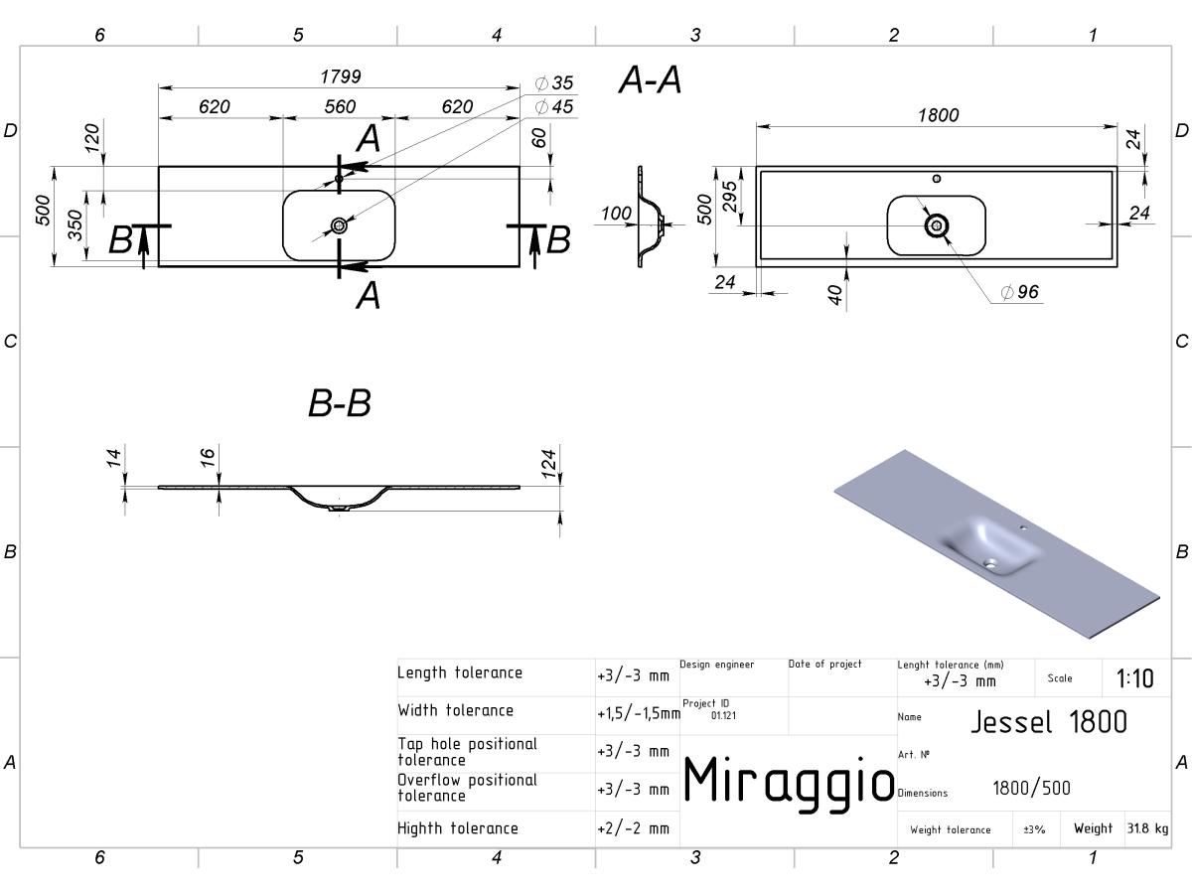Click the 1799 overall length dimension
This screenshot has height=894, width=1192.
click(341, 76)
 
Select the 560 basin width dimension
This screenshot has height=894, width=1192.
click(340, 106)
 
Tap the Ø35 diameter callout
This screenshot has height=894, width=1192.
click(554, 83)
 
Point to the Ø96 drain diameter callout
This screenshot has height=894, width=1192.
click(1019, 292)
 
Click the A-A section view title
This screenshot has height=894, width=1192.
click(650, 79)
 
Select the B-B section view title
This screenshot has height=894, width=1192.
click(340, 403)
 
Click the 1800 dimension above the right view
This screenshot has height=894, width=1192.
click(939, 115)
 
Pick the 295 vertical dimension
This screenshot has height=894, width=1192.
click(730, 197)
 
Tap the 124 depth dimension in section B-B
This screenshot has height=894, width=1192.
click(549, 464)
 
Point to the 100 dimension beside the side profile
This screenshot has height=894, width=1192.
click(616, 214)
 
